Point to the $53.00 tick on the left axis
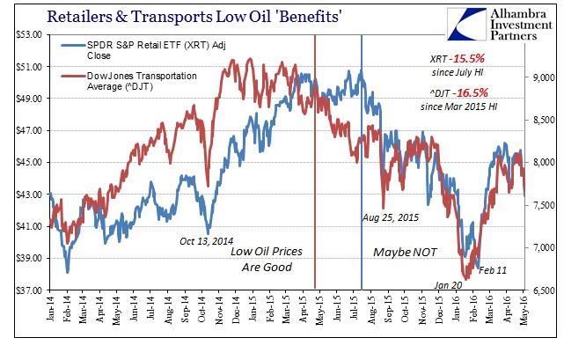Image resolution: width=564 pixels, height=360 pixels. click(x=25, y=34)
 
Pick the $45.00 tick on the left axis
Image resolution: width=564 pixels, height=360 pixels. click(x=25, y=162)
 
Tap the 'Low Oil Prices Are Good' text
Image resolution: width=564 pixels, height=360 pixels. click(x=267, y=259)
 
